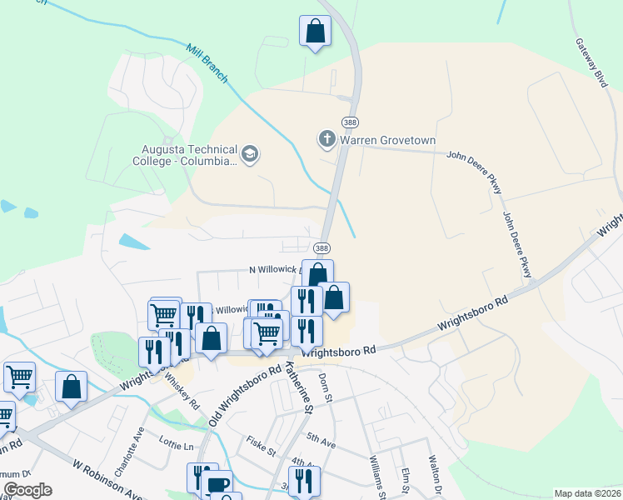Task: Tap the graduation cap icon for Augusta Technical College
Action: tap(249, 153)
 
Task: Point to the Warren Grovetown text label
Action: tap(387, 140)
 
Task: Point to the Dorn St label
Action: tap(326, 384)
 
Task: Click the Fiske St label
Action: tap(261, 447)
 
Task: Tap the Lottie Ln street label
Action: tap(177, 447)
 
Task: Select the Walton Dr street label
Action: tap(433, 474)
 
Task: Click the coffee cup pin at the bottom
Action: tap(217, 484)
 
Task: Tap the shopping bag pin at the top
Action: tap(316, 31)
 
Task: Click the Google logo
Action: tap(27, 490)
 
